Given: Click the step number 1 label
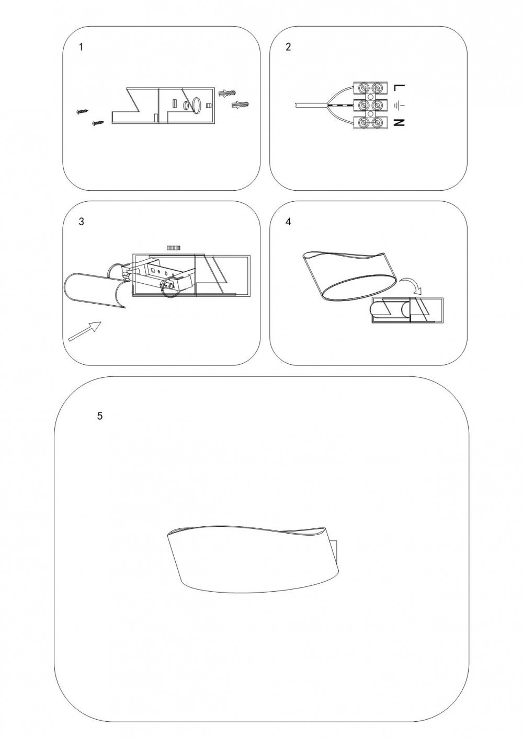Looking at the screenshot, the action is coord(81,47).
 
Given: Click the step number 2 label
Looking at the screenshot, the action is coord(288,47).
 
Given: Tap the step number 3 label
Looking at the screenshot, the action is coord(82,222).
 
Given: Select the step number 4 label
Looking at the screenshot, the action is coord(288,222).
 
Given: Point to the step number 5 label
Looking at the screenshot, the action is coord(100,416).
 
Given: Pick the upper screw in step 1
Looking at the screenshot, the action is coord(82,111).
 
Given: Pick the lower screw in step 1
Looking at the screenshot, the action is coord(98,123).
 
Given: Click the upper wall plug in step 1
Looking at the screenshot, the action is coord(227,93).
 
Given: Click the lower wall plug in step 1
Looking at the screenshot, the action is coord(241,105).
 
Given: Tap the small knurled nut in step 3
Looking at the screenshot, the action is coord(173,247).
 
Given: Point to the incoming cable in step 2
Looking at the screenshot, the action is coord(310,105).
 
